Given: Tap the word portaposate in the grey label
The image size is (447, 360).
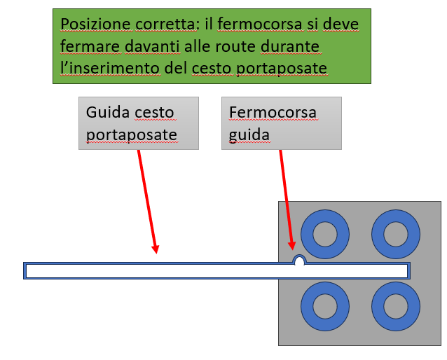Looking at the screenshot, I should click(x=131, y=134).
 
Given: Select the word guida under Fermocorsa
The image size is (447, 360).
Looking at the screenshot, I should click(x=249, y=134).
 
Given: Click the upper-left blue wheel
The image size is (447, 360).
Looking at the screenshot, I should click(x=325, y=234).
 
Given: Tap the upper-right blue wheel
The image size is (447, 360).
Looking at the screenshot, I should click(x=396, y=234).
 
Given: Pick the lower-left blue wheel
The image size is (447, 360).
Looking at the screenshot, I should click(x=325, y=306).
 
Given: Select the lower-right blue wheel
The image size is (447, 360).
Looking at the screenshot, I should click(x=396, y=306).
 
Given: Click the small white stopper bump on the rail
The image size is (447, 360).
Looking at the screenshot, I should click(x=299, y=261).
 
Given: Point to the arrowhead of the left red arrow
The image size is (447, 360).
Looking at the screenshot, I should click(x=156, y=249).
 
